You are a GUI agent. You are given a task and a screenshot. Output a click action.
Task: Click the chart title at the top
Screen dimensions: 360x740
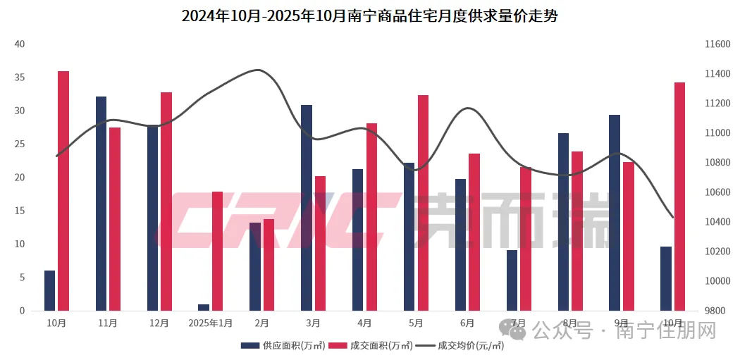369,15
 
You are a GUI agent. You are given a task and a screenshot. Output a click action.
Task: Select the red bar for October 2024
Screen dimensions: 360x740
63,190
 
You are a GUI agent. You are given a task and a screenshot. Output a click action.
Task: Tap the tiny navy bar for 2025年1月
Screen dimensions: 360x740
204,307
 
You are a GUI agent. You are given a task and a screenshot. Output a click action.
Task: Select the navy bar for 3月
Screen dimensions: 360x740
307,207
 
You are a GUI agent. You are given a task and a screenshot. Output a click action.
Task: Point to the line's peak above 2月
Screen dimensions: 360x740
259,70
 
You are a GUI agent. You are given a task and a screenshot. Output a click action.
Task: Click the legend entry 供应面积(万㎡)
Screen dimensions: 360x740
283,345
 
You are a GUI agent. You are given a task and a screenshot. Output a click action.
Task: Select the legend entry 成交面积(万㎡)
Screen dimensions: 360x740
369,345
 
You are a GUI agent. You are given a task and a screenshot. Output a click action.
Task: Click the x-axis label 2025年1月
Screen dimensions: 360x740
210,323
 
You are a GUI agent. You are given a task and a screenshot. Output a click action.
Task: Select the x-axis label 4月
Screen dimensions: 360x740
364,323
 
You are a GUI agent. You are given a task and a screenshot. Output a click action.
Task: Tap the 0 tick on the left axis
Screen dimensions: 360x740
22,311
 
